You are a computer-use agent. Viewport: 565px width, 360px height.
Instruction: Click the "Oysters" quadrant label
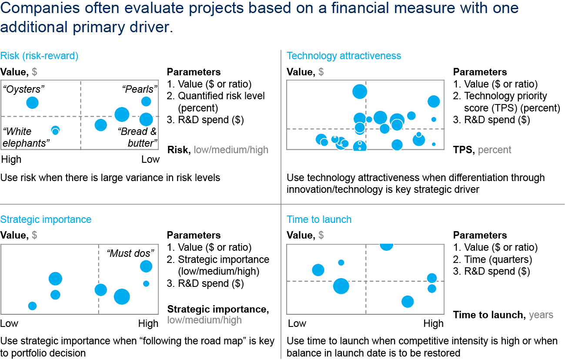(x=24, y=90)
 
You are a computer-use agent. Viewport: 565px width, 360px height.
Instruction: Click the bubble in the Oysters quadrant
(x=32, y=103)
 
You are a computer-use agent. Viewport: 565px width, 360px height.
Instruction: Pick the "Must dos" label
(x=130, y=253)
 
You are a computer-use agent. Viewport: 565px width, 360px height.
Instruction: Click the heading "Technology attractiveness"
(x=344, y=56)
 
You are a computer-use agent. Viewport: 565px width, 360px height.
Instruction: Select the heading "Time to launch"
(x=319, y=219)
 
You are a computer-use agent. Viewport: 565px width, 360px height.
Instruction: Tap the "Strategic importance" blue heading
(x=46, y=219)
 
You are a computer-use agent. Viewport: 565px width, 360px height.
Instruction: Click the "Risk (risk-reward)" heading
(x=39, y=56)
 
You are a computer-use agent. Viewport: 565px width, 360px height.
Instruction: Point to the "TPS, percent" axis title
(x=482, y=150)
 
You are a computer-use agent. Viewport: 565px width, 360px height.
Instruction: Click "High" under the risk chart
(x=11, y=159)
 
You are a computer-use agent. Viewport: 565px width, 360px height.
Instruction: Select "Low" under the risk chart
(x=150, y=159)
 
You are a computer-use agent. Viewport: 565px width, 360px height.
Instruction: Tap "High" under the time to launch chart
(x=433, y=323)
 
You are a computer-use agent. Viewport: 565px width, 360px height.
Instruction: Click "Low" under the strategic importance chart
(x=9, y=323)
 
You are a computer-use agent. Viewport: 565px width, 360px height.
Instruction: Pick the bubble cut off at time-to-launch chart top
(x=386, y=246)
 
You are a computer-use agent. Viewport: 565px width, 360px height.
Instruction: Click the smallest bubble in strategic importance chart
(x=146, y=283)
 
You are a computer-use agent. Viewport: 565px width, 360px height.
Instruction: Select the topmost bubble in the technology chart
(x=360, y=91)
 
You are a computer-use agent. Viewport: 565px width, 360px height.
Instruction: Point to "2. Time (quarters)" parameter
(x=492, y=259)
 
